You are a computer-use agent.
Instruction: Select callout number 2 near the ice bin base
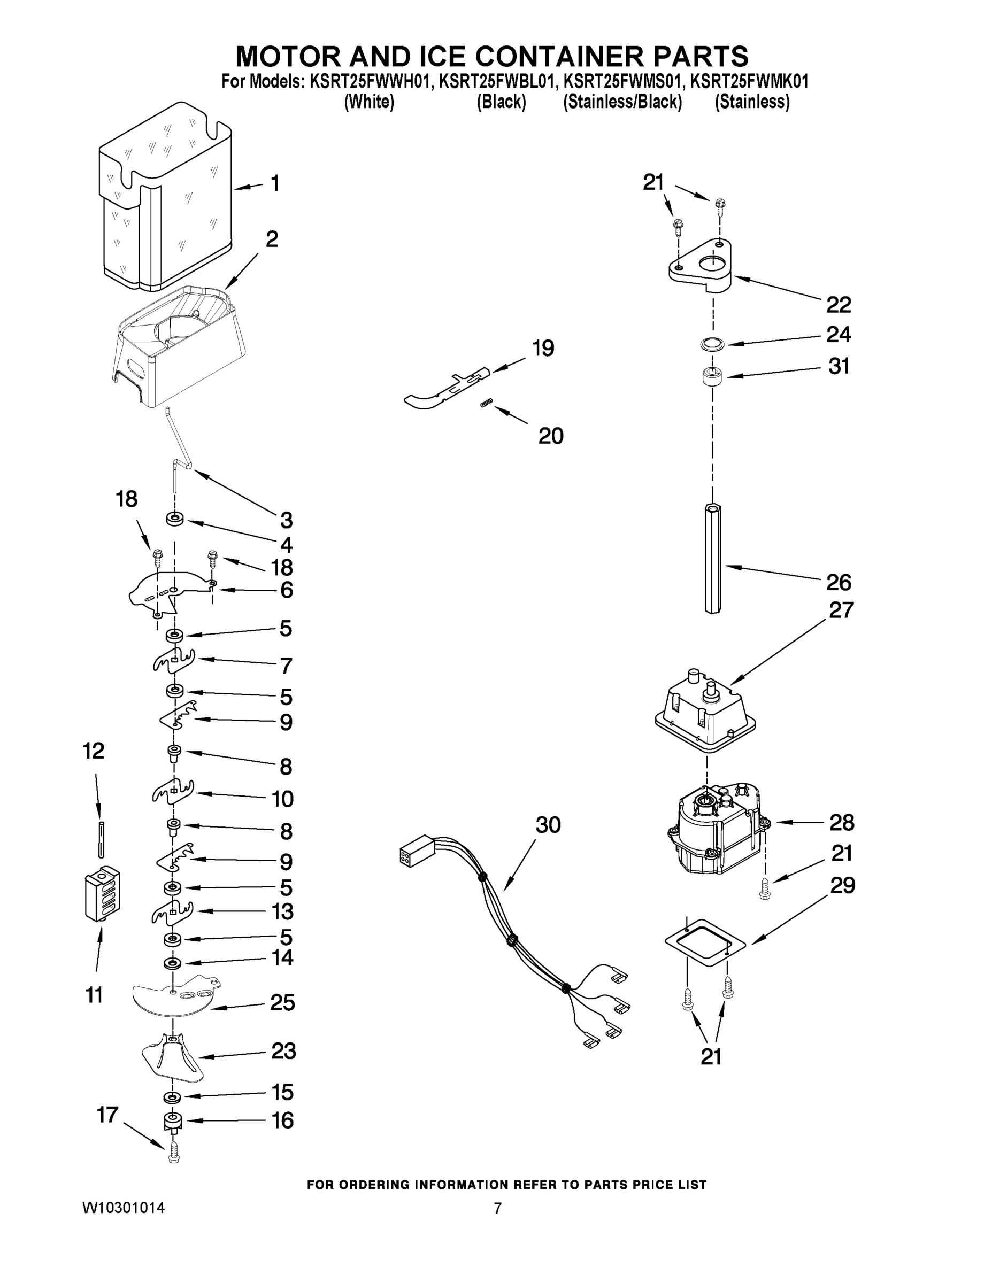click(272, 239)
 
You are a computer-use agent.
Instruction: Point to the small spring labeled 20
click(486, 403)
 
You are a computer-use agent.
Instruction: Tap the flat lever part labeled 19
click(447, 388)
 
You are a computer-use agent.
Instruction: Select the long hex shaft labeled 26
click(712, 558)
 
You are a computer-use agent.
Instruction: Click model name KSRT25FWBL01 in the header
click(496, 82)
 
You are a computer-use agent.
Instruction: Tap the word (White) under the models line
click(368, 102)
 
